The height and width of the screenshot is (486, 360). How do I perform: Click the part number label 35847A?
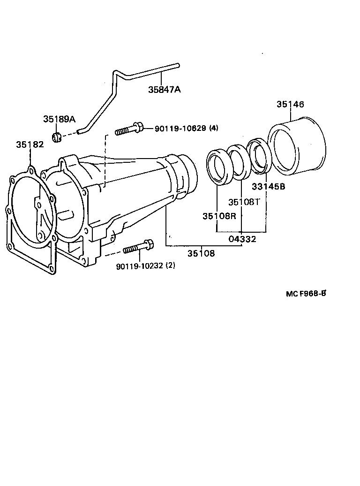(x=164, y=90)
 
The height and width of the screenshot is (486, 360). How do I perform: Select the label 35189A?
(x=59, y=119)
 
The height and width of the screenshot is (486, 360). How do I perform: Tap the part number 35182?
(x=30, y=144)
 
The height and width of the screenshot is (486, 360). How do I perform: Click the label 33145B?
(x=269, y=186)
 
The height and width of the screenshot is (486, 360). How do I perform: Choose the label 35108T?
(x=244, y=202)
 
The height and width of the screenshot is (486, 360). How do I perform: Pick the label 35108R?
(x=218, y=216)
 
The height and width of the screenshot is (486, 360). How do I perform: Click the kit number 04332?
(x=242, y=239)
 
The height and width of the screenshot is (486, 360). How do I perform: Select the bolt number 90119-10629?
(x=180, y=128)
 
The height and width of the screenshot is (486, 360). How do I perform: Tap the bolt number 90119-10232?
(x=139, y=266)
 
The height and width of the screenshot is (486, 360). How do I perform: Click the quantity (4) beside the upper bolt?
(x=213, y=128)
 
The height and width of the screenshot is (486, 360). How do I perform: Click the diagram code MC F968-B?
(x=306, y=294)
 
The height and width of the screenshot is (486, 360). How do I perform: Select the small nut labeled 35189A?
(x=57, y=137)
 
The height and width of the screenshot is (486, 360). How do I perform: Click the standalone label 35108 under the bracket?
(x=201, y=253)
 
